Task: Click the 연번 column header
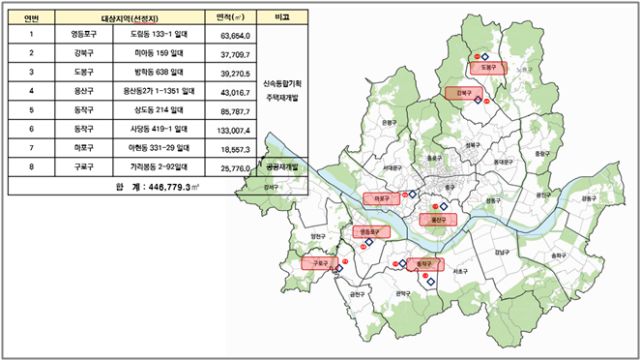(x=31, y=17)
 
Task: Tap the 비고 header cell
(x=280, y=17)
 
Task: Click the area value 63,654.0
(x=231, y=35)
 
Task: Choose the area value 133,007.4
(x=231, y=129)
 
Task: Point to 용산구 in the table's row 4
(x=85, y=91)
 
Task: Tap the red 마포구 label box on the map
(x=381, y=198)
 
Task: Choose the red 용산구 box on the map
(x=436, y=219)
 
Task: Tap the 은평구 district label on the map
(x=388, y=124)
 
